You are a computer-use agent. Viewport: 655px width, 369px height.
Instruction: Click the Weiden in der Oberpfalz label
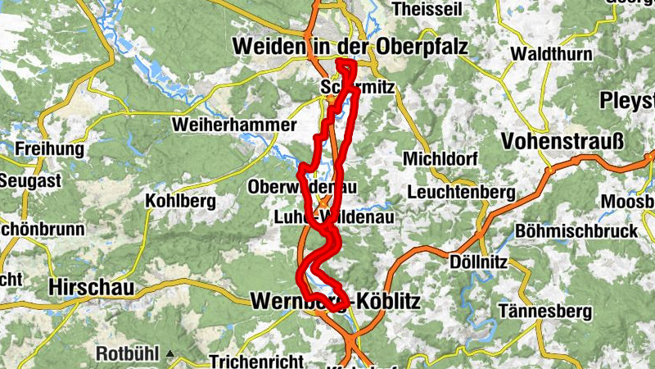click(350, 47)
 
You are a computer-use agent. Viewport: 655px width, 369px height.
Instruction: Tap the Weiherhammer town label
click(233, 125)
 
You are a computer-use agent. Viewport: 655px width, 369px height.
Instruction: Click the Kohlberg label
click(178, 200)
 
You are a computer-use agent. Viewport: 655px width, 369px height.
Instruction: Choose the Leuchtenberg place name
click(459, 194)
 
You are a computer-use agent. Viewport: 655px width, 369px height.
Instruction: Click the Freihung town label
click(49, 150)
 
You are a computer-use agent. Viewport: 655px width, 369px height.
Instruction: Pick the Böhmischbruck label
click(576, 231)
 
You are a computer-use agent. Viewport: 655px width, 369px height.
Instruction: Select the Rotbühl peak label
click(130, 355)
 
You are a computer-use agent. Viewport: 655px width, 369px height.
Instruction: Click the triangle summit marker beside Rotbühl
click(170, 355)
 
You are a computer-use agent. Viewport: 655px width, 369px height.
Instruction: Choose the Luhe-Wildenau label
click(334, 216)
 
